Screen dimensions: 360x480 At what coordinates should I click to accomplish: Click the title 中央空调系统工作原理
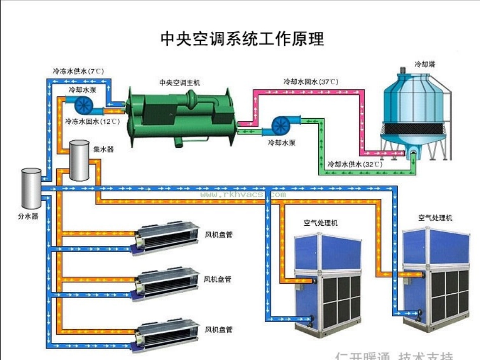click(242, 39)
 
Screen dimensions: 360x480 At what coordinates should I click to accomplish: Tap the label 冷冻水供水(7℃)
click(78, 71)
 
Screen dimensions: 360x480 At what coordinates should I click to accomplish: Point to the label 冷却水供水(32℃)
click(355, 164)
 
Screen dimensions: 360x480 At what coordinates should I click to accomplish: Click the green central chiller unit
click(179, 117)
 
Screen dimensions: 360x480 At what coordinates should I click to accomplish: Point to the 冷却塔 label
click(425, 65)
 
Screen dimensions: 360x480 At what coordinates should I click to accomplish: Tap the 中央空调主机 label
click(179, 82)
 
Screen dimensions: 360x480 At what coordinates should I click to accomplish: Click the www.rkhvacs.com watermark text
click(243, 194)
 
